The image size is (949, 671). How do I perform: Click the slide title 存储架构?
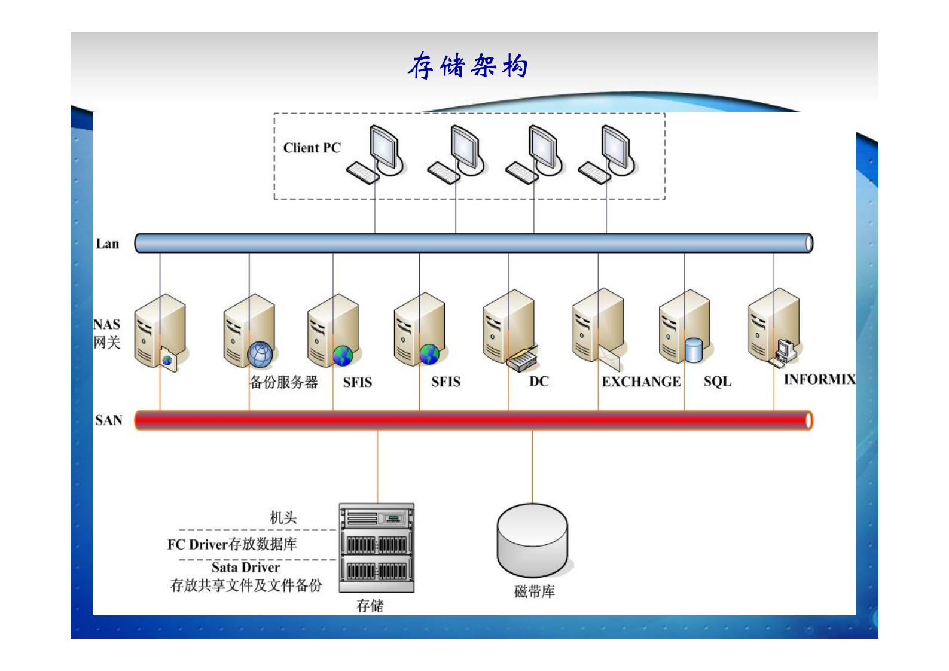[468, 66]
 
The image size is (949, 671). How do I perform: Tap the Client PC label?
[312, 148]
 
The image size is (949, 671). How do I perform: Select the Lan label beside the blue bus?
[107, 243]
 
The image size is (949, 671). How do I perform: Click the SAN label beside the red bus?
[108, 420]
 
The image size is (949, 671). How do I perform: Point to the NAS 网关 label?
[106, 333]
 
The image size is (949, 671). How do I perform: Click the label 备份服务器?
[283, 382]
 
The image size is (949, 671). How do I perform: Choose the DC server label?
[538, 382]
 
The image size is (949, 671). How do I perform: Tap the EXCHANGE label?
[640, 382]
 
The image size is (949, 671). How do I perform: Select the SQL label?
[717, 382]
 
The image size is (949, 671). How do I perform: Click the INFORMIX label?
[819, 379]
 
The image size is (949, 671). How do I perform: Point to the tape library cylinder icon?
[532, 539]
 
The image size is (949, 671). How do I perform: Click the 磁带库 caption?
[534, 591]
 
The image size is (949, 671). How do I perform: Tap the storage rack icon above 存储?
[376, 547]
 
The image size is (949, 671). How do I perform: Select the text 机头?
[283, 517]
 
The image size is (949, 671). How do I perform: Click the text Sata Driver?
[245, 567]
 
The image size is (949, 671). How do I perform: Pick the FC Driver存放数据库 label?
[232, 544]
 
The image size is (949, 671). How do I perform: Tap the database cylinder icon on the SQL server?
[694, 350]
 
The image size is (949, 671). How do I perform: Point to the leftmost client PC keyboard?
[362, 173]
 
